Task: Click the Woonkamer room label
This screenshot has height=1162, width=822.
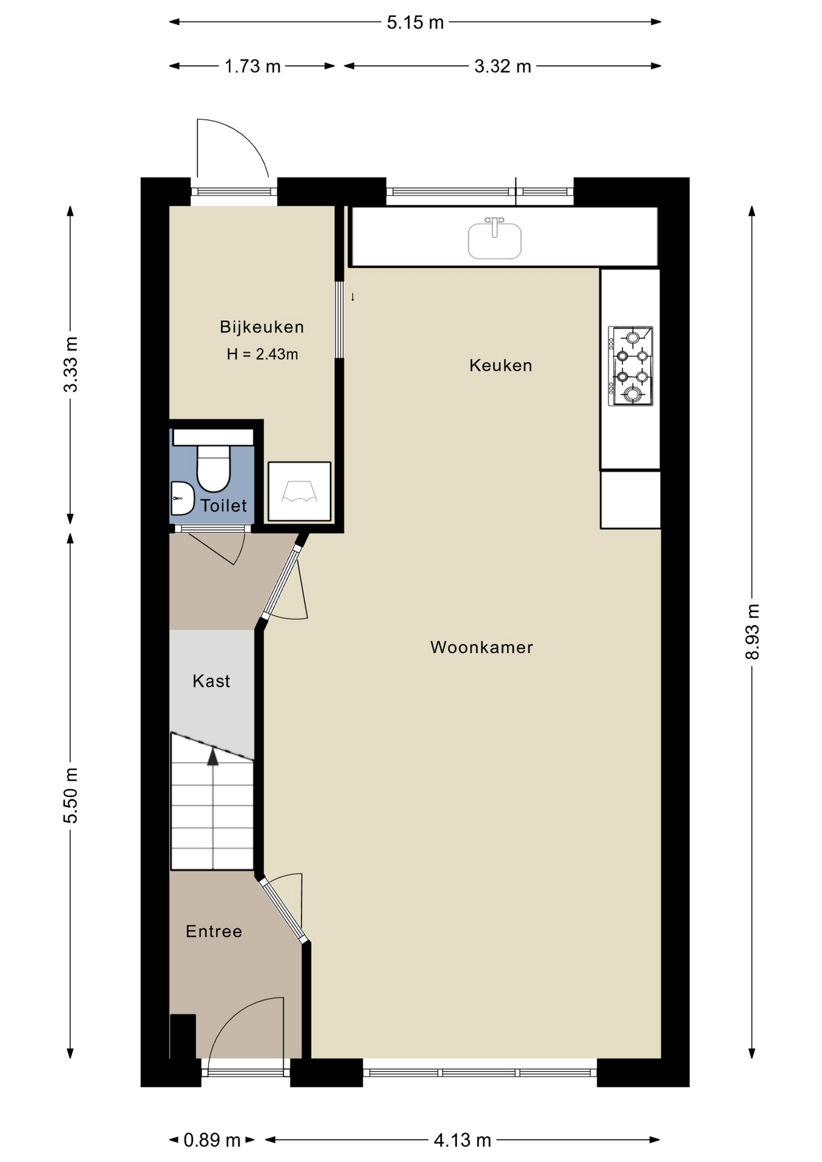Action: tap(481, 647)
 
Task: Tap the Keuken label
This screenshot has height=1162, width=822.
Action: tap(501, 365)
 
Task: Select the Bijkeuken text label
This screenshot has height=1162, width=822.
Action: tap(261, 327)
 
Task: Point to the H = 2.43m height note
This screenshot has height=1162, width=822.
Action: tap(262, 354)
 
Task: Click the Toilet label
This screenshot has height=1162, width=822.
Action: tap(223, 505)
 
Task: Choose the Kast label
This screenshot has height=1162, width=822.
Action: tap(211, 681)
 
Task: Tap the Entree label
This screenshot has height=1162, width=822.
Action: tap(214, 931)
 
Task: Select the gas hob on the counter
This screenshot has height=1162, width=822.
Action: tap(631, 366)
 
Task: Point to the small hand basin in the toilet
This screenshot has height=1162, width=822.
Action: tap(182, 498)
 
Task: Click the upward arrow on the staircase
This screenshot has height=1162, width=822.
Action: tap(212, 757)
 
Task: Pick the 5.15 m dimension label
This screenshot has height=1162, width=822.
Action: tap(415, 22)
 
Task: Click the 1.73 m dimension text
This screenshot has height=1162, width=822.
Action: tap(252, 66)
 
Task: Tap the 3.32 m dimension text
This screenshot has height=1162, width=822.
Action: tap(502, 66)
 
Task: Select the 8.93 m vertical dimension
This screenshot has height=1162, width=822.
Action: tap(752, 632)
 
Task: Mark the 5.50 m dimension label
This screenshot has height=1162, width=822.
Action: tap(71, 795)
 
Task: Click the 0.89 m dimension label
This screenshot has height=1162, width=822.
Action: tap(212, 1140)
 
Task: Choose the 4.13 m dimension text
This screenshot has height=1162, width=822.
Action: tap(462, 1140)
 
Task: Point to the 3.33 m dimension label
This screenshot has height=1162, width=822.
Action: tap(71, 364)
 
